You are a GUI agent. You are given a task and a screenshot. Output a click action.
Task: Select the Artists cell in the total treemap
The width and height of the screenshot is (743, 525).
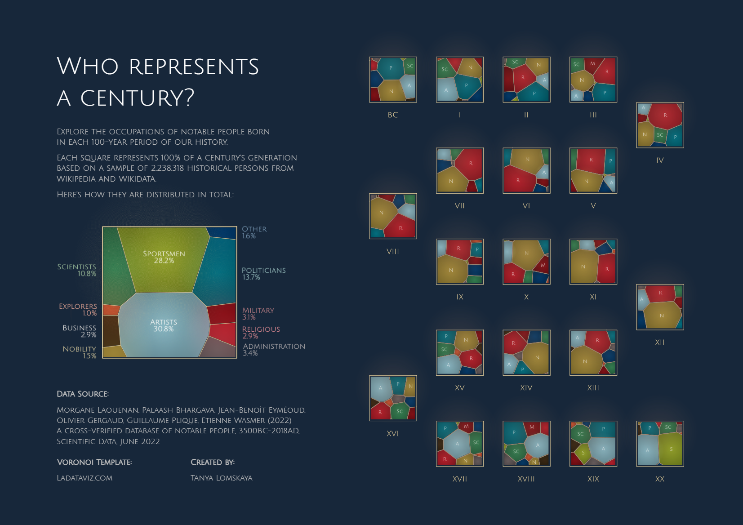coord(164,325)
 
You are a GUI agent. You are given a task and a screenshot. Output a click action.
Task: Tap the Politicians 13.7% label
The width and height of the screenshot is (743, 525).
coord(263,273)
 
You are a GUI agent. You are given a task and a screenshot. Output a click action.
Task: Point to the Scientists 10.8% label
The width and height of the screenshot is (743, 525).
coord(77,270)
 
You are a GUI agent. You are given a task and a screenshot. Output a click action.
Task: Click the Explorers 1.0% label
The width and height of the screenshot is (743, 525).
coord(78,310)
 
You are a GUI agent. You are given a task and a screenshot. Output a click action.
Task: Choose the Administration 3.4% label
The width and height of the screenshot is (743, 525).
coord(274,349)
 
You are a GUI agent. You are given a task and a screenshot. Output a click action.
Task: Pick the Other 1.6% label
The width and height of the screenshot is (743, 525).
coord(254,232)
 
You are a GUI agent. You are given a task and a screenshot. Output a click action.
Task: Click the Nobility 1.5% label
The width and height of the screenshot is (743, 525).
coord(80,352)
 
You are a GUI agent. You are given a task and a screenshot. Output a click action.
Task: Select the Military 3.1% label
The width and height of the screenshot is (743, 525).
coord(258,313)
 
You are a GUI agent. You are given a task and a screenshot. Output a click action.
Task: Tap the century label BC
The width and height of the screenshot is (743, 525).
coord(393,115)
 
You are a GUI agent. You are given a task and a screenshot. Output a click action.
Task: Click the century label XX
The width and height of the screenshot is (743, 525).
coord(660,479)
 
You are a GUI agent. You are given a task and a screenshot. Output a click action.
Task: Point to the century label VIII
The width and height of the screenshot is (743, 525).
coord(393,252)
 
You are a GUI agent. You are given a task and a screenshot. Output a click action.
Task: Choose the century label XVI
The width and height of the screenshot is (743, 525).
coord(393,434)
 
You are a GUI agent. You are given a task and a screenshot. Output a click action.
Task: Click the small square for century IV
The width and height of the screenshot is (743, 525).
coord(660,125)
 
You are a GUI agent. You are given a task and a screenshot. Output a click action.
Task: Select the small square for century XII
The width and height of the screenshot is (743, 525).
coord(660,307)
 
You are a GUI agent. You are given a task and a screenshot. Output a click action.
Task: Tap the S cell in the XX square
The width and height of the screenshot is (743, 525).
coord(671,449)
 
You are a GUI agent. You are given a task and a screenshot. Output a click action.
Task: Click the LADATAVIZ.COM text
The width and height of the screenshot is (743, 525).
coord(85,478)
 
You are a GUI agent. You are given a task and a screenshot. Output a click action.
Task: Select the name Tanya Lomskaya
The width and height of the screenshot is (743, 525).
coord(221,478)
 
